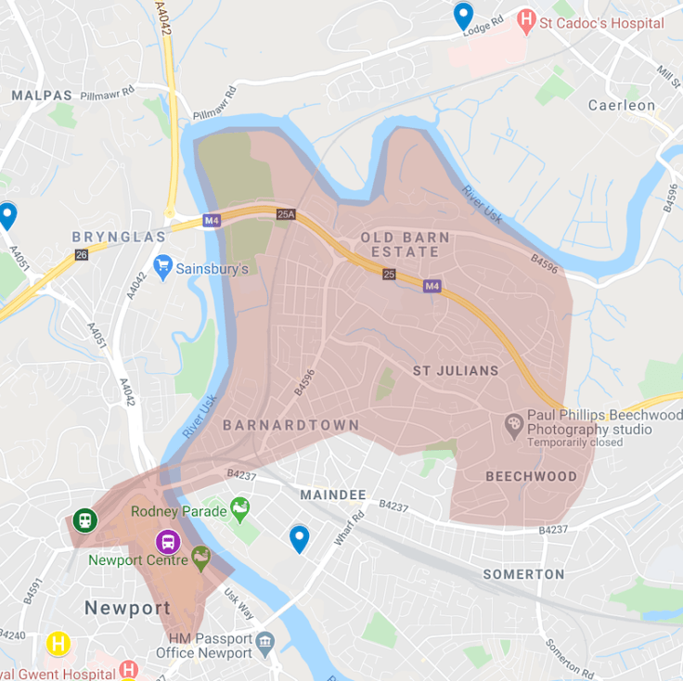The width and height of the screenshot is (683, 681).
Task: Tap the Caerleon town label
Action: click(x=622, y=105)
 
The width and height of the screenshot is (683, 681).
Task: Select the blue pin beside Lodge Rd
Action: click(x=463, y=16)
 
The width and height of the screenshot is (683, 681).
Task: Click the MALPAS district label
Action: click(x=42, y=96)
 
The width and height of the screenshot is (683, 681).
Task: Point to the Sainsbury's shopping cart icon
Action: click(x=164, y=267)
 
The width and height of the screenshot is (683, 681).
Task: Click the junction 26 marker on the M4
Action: click(x=82, y=254)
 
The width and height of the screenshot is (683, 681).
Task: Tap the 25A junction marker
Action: click(x=285, y=215)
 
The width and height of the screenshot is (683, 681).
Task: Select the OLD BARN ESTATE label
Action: click(x=406, y=245)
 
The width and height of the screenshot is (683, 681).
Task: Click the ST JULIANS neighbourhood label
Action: click(x=456, y=371)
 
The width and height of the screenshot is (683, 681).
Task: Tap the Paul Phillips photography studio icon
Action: click(x=513, y=424)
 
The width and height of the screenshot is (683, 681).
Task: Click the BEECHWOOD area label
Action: click(x=531, y=476)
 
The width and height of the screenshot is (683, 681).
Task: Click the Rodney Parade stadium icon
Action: click(x=240, y=508)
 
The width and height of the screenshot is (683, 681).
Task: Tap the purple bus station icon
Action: click(x=168, y=540)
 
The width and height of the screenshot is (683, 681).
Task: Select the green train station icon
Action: click(x=84, y=520)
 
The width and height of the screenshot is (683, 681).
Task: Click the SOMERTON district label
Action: click(x=523, y=574)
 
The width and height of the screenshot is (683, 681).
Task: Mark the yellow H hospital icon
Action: click(x=58, y=643)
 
